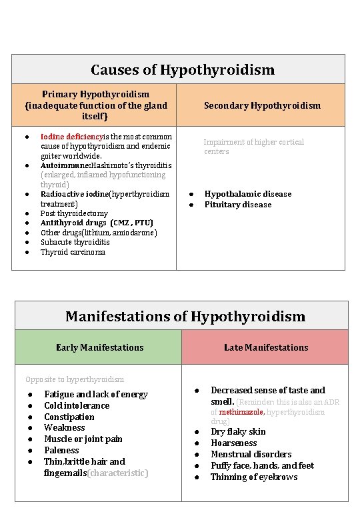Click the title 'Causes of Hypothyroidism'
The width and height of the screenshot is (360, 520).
point(182,70)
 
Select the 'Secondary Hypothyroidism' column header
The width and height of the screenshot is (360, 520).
point(262,105)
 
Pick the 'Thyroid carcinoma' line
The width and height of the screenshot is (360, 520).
point(73,252)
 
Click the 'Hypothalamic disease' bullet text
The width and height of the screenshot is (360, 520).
point(247,194)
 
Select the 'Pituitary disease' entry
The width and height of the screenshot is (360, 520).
point(238,205)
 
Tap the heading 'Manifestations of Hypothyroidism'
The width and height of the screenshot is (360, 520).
point(185,317)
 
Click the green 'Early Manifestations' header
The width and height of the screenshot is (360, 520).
point(99,347)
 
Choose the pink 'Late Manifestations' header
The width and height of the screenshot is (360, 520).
point(266,347)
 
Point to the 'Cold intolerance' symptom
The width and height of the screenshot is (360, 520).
point(77,405)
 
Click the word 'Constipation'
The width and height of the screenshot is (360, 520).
point(69,417)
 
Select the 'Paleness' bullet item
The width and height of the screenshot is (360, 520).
point(61,451)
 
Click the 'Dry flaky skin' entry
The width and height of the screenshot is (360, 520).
point(238,431)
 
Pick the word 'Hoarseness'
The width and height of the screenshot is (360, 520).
point(233,443)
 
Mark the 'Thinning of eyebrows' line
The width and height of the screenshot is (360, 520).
point(254,477)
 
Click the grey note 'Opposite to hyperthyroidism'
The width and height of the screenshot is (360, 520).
point(75,379)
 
